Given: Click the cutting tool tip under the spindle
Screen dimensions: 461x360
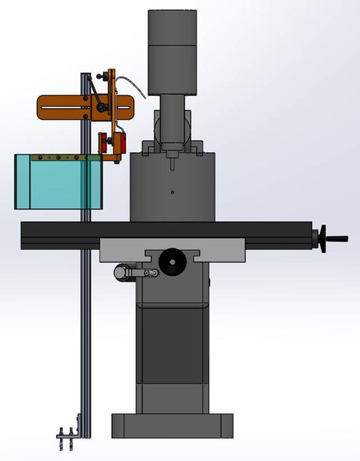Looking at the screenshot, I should [172, 159].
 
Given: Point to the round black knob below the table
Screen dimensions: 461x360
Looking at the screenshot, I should [172, 261].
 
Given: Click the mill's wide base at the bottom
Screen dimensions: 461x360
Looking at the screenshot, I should [172, 425].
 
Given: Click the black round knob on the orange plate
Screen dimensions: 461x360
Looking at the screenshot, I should [101, 107].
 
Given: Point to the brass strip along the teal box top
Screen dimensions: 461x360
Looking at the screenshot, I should [59, 158].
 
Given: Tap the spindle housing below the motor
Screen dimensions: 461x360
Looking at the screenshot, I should [172, 119].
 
